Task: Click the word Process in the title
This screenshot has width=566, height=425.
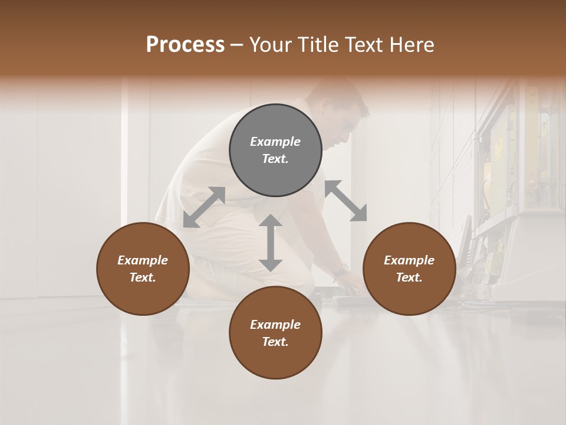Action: tap(185, 45)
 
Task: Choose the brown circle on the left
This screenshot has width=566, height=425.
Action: tap(143, 269)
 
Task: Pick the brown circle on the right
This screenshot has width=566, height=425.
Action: tap(409, 269)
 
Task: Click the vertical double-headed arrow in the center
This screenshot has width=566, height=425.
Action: tap(271, 243)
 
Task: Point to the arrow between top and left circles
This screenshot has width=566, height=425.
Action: tap(204, 207)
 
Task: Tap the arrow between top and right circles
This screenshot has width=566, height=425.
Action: tap(345, 201)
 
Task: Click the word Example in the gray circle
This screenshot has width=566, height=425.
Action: tap(275, 142)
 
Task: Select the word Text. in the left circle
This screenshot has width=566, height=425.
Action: tap(143, 277)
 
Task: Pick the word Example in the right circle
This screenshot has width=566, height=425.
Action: tap(409, 260)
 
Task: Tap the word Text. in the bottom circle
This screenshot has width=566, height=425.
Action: tap(275, 342)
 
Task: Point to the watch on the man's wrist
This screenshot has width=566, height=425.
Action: tap(339, 273)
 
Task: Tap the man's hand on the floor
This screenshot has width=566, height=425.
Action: tap(353, 287)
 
